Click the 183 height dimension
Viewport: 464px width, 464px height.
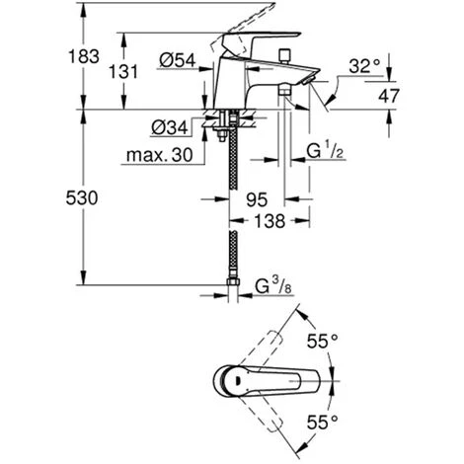point(84,56)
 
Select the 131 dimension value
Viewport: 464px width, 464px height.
point(123,71)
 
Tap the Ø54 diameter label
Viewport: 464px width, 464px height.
point(178,60)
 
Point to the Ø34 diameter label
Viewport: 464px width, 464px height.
point(170,127)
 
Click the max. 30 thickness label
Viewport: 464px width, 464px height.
point(159,155)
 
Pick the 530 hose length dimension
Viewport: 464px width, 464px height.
point(82,198)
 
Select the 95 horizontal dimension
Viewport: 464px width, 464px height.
point(257,199)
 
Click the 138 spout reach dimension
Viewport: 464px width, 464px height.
point(270,221)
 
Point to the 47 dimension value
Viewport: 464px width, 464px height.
point(389,96)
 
